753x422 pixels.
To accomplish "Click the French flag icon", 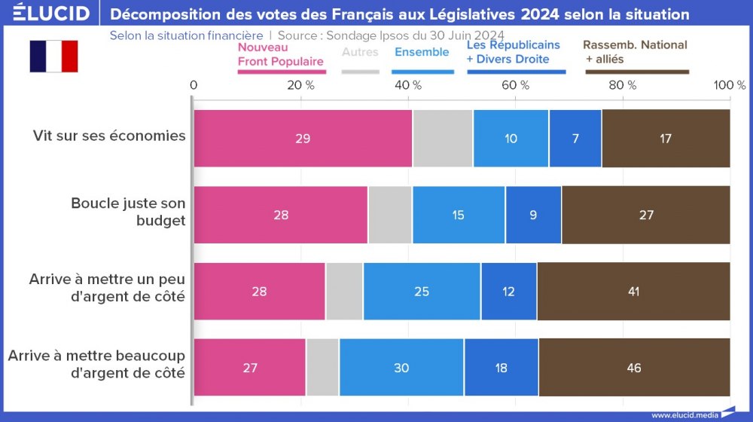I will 53,57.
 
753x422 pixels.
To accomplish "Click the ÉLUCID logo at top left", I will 51,13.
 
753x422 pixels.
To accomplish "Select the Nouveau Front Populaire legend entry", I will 280,54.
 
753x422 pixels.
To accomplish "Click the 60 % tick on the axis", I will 515,85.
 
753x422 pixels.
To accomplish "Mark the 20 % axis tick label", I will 300,85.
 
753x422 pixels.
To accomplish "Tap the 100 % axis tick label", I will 729,85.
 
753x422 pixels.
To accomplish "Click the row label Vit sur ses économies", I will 109,136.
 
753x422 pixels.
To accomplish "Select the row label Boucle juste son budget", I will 128,212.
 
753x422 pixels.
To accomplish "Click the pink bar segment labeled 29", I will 303,139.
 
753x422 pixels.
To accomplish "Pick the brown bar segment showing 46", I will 634,368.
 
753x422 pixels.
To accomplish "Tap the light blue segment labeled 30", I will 401,368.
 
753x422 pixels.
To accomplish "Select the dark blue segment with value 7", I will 575,139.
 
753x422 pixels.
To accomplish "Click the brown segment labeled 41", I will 633,292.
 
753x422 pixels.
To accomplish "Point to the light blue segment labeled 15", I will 459,215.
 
